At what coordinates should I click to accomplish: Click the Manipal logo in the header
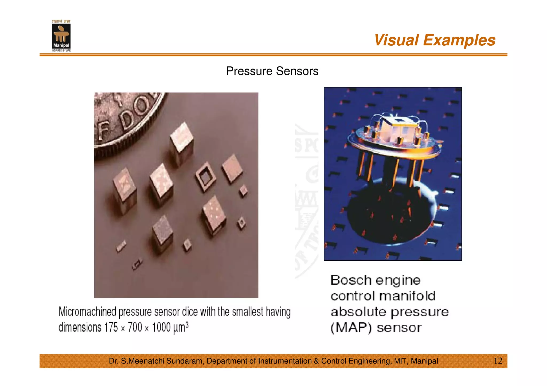(61, 36)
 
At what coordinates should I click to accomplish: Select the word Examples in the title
(459, 40)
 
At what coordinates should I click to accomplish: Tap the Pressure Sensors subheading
(272, 71)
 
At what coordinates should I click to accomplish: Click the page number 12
(498, 361)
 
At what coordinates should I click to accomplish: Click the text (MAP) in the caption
(351, 328)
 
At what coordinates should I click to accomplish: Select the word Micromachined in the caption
(87, 312)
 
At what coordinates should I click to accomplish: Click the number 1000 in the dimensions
(161, 327)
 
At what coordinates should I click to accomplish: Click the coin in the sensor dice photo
(126, 120)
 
